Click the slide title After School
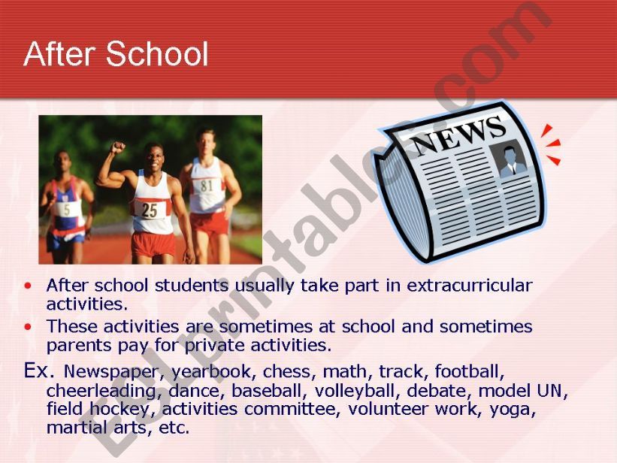[116, 54]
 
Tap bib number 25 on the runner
[150, 210]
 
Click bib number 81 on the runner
[207, 185]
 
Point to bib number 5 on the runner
[67, 209]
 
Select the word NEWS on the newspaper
[458, 135]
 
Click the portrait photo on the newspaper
[512, 160]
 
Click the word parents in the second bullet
[76, 346]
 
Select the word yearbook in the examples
[213, 371]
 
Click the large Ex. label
[41, 370]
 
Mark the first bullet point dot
[29, 286]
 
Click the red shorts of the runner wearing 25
[153, 244]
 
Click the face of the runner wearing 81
[205, 141]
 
